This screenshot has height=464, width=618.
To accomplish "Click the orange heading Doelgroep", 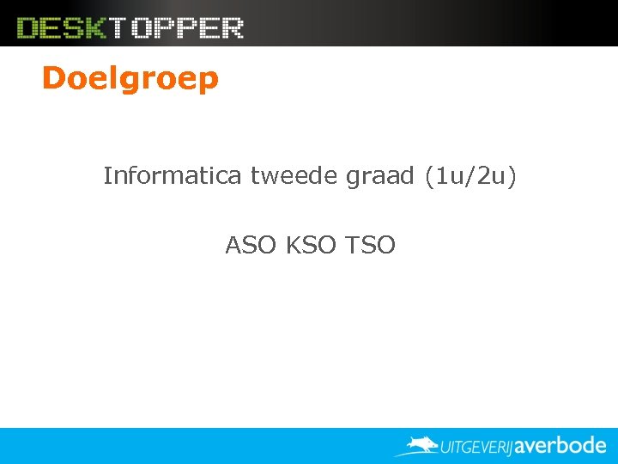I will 130,79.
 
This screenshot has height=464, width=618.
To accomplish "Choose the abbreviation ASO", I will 251,246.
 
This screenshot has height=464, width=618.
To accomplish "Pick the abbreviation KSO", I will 311,246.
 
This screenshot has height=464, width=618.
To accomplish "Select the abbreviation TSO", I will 370,246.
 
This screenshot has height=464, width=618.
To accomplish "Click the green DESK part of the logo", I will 62,28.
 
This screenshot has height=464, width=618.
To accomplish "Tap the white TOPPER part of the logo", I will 176,28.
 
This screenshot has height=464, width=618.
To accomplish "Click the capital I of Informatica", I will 107,176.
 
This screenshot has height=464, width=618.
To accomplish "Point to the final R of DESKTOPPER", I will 232,28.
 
